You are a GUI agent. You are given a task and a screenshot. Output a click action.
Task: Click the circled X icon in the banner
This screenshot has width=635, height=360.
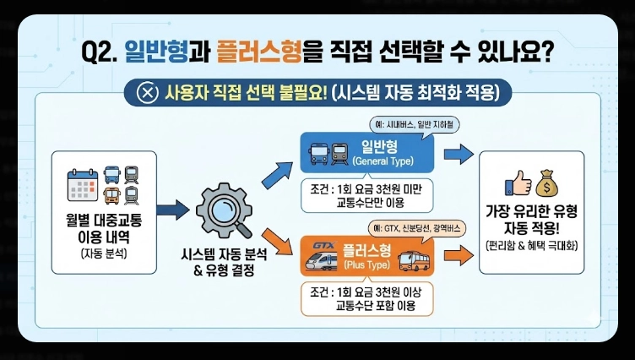148,91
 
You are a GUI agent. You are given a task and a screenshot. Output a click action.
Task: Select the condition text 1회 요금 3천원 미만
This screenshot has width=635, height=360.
366,189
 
